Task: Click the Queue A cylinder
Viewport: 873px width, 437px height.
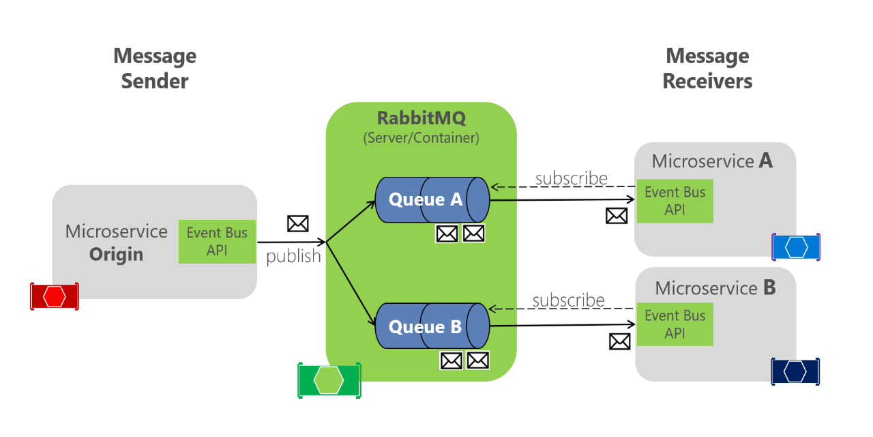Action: pyautogui.click(x=432, y=199)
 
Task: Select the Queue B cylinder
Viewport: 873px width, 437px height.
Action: pyautogui.click(x=432, y=326)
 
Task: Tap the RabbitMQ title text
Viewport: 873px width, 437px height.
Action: pyautogui.click(x=421, y=118)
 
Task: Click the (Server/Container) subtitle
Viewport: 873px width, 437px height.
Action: pyautogui.click(x=421, y=138)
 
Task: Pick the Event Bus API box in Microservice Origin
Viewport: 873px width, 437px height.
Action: pyautogui.click(x=217, y=241)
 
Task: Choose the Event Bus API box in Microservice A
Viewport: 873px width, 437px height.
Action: pyautogui.click(x=675, y=201)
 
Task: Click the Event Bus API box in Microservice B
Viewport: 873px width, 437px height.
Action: pyautogui.click(x=675, y=324)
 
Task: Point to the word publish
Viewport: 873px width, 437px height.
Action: pyautogui.click(x=293, y=257)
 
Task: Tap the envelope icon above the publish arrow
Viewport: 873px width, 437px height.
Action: pyautogui.click(x=298, y=223)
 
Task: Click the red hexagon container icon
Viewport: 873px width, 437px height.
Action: pyautogui.click(x=55, y=296)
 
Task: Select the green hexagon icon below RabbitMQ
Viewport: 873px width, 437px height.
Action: pyautogui.click(x=329, y=380)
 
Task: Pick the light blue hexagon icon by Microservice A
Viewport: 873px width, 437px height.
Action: pyautogui.click(x=796, y=246)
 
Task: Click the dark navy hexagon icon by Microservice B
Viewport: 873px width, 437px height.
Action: pyautogui.click(x=795, y=371)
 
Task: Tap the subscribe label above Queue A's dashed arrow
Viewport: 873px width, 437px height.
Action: pyautogui.click(x=571, y=178)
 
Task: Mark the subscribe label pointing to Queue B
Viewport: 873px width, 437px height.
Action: pyautogui.click(x=568, y=300)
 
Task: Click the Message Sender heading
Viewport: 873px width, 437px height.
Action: pyautogui.click(x=155, y=68)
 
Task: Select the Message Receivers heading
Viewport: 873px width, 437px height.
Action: pyautogui.click(x=707, y=68)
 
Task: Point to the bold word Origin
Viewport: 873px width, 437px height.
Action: pyautogui.click(x=116, y=255)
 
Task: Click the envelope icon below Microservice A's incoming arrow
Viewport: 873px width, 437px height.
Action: pyautogui.click(x=617, y=216)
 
